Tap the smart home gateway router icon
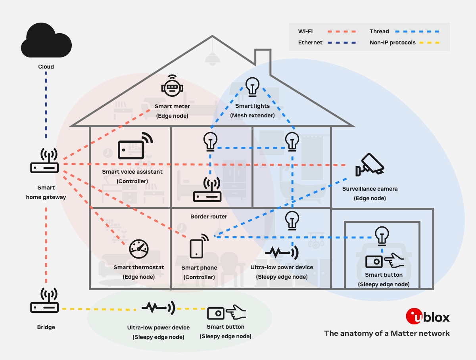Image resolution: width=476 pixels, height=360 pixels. (44, 161)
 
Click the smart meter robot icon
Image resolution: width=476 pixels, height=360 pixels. (172, 85)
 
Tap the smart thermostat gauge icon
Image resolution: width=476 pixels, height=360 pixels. (138, 249)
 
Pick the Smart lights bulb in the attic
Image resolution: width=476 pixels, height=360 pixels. (252, 86)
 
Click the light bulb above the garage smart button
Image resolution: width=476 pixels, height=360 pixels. (382, 235)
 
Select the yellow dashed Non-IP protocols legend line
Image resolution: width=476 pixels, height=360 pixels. (430, 42)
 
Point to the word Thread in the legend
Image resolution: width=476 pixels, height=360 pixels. (379, 31)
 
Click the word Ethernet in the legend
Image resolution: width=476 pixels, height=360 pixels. (310, 42)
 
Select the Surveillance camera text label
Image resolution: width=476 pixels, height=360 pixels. (370, 189)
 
